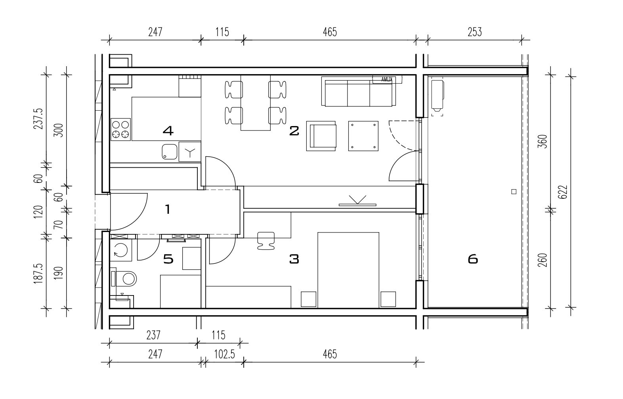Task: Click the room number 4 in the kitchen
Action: tap(168, 130)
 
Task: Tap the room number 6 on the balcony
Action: tap(473, 259)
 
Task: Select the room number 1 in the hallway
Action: tap(168, 209)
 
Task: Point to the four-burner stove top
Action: tap(121, 129)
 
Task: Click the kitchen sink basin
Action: tap(170, 152)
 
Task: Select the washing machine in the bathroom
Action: tap(121, 250)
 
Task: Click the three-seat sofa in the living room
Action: tap(359, 92)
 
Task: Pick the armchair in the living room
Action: tap(321, 136)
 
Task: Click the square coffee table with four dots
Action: tap(363, 136)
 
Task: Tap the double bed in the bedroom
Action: tap(348, 270)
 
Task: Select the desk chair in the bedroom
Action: tap(266, 241)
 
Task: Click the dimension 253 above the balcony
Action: tap(474, 32)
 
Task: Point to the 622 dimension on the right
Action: tap(562, 192)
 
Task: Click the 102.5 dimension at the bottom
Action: tap(224, 355)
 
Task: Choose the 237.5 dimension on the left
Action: tap(38, 119)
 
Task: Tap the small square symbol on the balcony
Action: tap(514, 192)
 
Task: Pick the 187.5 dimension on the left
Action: tap(38, 274)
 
